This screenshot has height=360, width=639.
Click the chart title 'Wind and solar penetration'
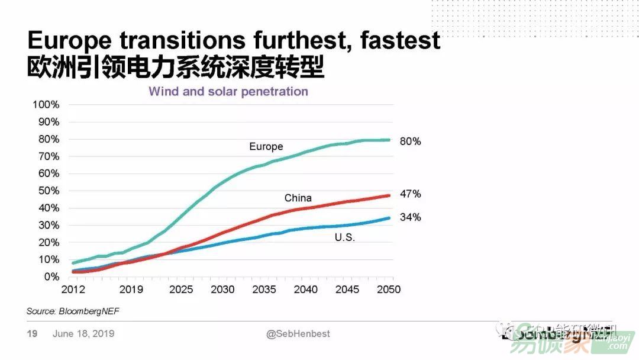[228, 92]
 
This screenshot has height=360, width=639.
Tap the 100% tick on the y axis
[46, 105]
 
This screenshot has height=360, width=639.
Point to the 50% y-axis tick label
[48, 191]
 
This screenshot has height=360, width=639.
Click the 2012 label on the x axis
[73, 290]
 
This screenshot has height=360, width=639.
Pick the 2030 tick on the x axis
[222, 290]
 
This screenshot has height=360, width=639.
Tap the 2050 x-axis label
[389, 290]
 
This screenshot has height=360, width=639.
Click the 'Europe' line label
[266, 146]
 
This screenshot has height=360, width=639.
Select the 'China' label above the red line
[298, 198]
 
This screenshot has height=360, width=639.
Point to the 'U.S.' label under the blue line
[345, 237]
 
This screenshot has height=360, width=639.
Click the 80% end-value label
[410, 142]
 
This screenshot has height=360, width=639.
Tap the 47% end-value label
[410, 194]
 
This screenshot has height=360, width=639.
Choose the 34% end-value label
[410, 217]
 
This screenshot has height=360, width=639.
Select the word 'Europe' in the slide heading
[70, 41]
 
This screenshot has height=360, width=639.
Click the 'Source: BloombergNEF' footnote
[69, 311]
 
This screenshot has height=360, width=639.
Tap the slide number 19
[32, 334]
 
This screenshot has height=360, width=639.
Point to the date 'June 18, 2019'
[83, 334]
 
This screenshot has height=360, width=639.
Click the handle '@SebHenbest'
[298, 334]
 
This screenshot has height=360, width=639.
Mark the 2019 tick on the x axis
[131, 290]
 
